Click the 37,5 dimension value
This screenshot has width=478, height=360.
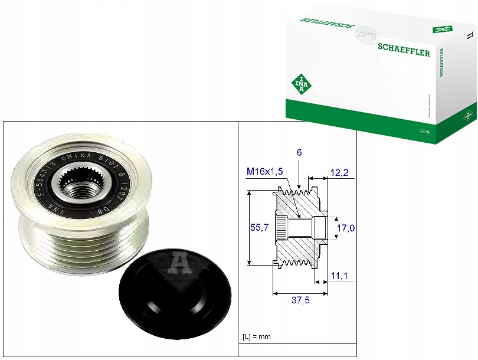pos(300,300)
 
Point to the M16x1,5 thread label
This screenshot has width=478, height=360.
pos(265,171)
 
